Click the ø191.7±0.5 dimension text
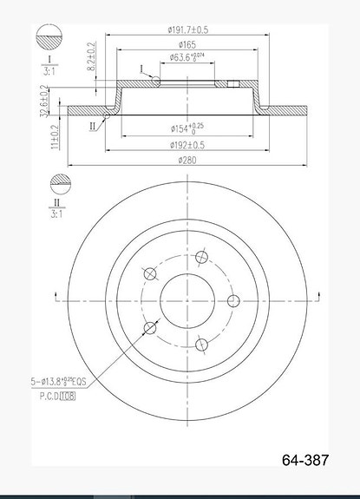tap(186, 30)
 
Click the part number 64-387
tap(306, 461)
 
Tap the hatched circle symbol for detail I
tap(51, 40)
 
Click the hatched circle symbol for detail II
tap(60, 184)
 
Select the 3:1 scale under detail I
tap(51, 73)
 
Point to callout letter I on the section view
tap(141, 68)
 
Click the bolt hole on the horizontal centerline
tap(232, 300)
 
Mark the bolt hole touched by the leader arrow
tap(152, 327)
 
